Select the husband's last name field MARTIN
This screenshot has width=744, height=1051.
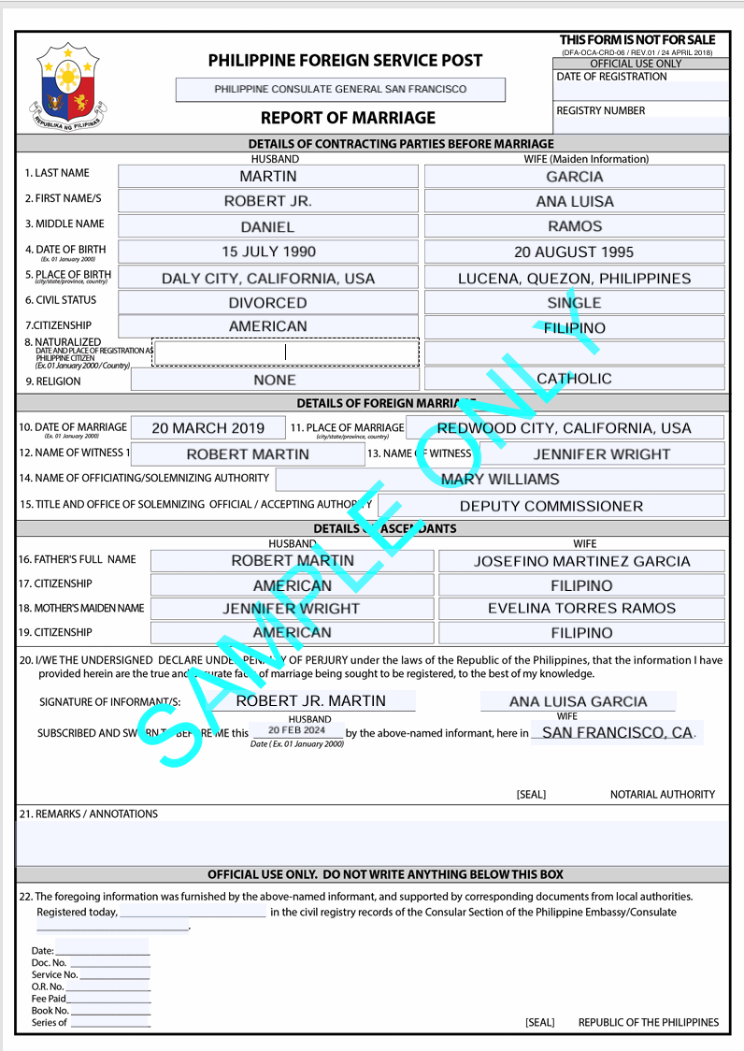pyautogui.click(x=268, y=177)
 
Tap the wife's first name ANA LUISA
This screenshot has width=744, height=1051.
pyautogui.click(x=575, y=201)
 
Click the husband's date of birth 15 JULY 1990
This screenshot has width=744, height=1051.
pyautogui.click(x=268, y=252)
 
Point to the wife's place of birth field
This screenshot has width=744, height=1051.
pyautogui.click(x=575, y=278)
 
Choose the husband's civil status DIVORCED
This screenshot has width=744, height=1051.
pyautogui.click(x=268, y=303)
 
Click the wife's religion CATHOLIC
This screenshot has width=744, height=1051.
pyautogui.click(x=575, y=379)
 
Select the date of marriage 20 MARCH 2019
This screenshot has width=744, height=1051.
pyautogui.click(x=207, y=428)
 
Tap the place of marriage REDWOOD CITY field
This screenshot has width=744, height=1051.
pyautogui.click(x=565, y=428)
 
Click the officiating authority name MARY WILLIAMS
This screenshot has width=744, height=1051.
pyautogui.click(x=500, y=480)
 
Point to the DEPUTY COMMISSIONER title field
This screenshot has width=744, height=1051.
pyautogui.click(x=551, y=506)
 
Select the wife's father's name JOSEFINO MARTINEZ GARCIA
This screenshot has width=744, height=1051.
pyautogui.click(x=581, y=561)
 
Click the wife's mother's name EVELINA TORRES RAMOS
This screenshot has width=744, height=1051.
pyautogui.click(x=581, y=609)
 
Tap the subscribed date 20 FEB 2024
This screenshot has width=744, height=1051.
pyautogui.click(x=296, y=730)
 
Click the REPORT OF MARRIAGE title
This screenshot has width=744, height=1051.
pyautogui.click(x=348, y=118)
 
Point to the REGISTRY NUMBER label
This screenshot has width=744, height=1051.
pyautogui.click(x=601, y=110)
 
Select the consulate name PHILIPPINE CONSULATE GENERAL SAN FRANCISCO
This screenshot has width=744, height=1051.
pyautogui.click(x=340, y=90)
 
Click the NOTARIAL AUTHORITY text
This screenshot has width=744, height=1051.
pyautogui.click(x=663, y=795)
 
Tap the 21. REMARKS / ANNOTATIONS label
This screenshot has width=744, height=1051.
pyautogui.click(x=89, y=814)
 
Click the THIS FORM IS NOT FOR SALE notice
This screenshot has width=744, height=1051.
pyautogui.click(x=637, y=39)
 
